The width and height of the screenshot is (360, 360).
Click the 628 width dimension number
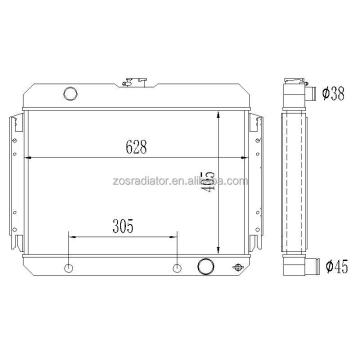(x=136, y=147)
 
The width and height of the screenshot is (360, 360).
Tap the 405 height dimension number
(x=208, y=182)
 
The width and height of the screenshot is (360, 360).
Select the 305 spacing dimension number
(x=123, y=227)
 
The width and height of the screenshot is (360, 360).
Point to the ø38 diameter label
(x=333, y=94)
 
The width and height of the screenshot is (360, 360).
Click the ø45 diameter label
(x=337, y=266)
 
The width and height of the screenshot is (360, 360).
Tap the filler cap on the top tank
(x=134, y=82)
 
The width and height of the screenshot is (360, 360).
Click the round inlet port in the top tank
(x=70, y=93)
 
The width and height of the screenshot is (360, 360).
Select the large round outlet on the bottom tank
(x=205, y=266)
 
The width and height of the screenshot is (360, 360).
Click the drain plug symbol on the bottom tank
(x=238, y=267)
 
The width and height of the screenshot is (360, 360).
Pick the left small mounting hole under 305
(x=68, y=268)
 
